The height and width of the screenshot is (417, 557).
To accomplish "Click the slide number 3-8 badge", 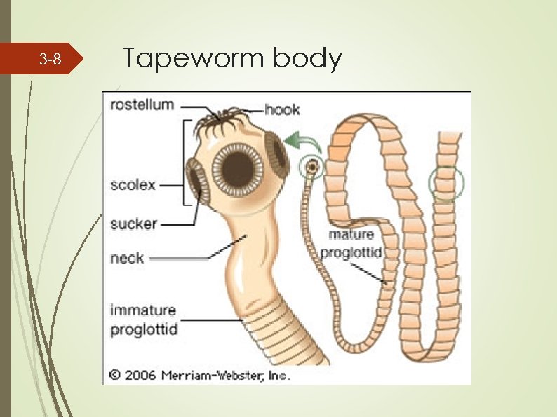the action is click(49, 60).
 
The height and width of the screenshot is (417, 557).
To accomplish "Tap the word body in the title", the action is click(307, 59).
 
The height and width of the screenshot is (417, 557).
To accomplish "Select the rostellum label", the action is click(141, 104).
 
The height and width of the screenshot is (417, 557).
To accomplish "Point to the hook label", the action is click(283, 109).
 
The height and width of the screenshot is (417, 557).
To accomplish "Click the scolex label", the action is click(133, 186).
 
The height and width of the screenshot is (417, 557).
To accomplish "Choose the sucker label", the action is click(133, 224).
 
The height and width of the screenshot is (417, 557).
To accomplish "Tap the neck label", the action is click(126, 258).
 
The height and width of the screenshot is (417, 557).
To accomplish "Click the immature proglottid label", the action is click(143, 319).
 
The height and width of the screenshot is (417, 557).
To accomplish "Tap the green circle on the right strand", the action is click(446, 184).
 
